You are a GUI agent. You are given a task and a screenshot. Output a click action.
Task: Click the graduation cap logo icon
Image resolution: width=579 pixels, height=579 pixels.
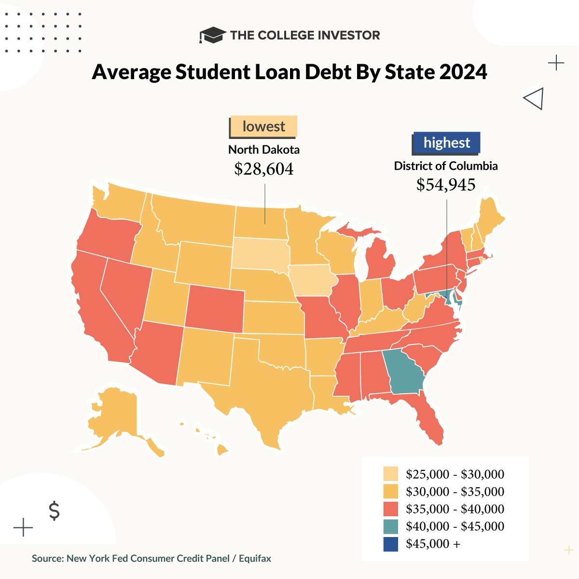(212, 35)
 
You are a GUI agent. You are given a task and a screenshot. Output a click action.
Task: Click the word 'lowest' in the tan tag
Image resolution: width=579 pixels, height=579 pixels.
(263, 127)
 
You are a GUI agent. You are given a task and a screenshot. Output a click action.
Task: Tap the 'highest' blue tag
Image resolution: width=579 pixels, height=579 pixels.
(447, 143)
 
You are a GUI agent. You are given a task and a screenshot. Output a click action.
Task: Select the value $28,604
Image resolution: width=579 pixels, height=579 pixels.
(264, 169)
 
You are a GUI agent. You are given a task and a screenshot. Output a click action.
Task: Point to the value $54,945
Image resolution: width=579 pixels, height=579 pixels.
(446, 185)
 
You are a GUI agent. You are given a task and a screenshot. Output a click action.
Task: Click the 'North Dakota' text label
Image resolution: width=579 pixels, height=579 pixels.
(264, 150)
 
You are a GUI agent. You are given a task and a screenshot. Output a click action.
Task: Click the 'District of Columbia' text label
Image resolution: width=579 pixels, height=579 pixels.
(446, 166)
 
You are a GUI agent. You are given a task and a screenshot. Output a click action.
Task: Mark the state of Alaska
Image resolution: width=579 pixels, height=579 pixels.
(116, 415)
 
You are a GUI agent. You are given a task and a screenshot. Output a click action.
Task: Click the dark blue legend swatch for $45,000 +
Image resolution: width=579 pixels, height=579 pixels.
(390, 544)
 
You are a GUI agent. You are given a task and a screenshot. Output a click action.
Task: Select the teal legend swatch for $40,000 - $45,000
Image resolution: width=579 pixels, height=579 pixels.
(390, 526)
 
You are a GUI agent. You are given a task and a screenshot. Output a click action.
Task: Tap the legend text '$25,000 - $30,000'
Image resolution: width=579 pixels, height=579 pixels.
(455, 474)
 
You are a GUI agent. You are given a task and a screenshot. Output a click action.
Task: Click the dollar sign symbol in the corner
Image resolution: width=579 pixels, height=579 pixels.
(55, 510)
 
